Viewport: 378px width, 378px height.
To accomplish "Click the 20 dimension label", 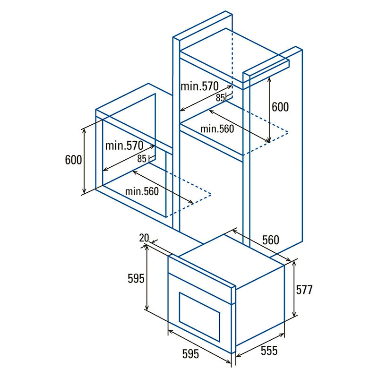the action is pos(144,238).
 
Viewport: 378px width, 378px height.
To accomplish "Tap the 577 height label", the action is pos(304,290).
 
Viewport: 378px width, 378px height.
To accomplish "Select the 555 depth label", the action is pos(269,351).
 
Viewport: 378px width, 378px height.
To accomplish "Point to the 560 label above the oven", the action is pos(270,240).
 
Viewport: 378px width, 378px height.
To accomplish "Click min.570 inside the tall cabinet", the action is pos(199,86).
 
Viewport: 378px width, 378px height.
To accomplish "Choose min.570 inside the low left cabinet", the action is pos(124,146).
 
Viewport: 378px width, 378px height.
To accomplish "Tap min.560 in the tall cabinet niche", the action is pos(217,129).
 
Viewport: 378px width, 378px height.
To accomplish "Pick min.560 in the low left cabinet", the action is pos(142,191).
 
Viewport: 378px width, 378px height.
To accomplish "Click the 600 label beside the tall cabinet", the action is pos(280,107).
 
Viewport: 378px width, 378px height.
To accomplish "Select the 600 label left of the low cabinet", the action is pos(74,160).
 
